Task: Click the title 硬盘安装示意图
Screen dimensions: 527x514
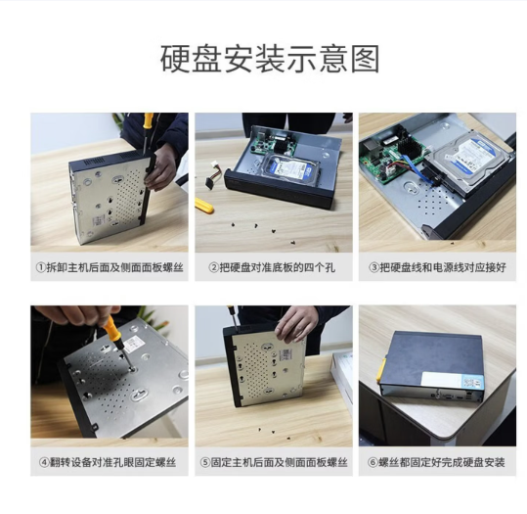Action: [x=270, y=59]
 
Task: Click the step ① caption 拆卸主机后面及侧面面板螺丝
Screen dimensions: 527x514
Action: [x=110, y=267]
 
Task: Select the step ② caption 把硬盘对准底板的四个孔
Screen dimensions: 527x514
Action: [x=272, y=267]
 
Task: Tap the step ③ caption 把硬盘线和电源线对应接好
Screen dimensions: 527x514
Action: [x=437, y=267]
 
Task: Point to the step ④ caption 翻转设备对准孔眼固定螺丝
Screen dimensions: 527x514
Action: [x=108, y=462]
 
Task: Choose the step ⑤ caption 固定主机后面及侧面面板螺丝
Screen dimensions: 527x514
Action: [x=274, y=462]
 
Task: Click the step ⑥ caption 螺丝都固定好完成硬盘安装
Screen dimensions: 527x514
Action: [x=436, y=462]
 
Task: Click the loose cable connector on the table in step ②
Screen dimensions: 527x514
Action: [x=212, y=175]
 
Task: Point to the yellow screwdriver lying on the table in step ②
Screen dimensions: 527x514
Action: [x=204, y=206]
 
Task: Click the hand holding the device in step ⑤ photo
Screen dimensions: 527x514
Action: [x=295, y=324]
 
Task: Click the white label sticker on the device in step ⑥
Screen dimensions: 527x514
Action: [x=452, y=382]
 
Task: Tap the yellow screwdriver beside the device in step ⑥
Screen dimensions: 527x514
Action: [x=381, y=370]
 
